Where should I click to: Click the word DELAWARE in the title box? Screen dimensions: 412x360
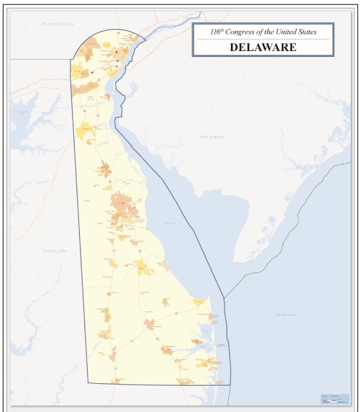click(263, 47)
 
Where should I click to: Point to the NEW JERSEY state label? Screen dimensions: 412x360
click(211, 136)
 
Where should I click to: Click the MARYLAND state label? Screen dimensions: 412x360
click(54, 251)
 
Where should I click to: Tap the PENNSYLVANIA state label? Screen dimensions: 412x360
click(58, 24)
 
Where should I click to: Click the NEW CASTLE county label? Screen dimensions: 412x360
click(91, 98)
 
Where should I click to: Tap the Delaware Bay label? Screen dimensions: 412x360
click(170, 223)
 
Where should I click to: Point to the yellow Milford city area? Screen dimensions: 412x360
click(141, 265)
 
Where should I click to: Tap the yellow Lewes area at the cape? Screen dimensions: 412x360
click(200, 303)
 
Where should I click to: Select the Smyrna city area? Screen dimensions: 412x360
click(105, 171)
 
